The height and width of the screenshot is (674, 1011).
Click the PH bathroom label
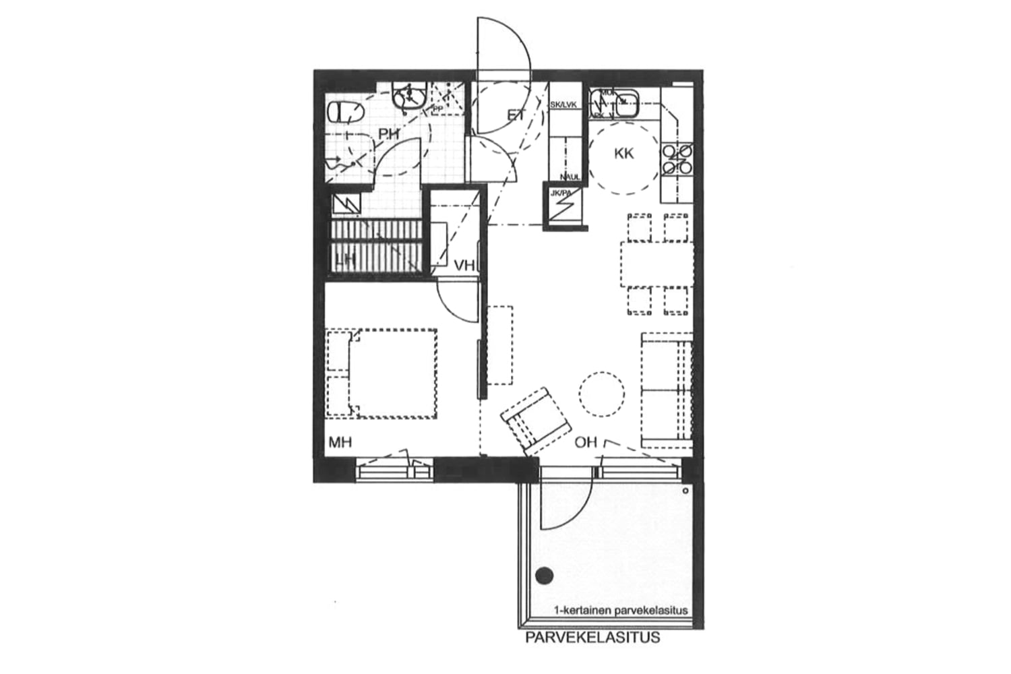pos(388,135)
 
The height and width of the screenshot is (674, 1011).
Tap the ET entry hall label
pos(516,115)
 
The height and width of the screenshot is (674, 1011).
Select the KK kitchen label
pos(624,154)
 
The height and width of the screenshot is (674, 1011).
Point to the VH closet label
pos(464,266)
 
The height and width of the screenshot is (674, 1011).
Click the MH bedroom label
pos(341,443)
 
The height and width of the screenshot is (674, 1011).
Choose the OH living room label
pos(586,443)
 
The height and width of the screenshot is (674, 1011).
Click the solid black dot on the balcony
pos(544,576)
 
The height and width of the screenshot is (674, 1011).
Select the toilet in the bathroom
pos(344,112)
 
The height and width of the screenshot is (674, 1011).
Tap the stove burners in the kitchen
pos(677,159)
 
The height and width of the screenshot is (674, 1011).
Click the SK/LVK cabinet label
pos(563,105)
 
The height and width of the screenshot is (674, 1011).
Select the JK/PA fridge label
pos(561,193)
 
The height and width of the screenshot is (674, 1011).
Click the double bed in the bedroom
pos(382,373)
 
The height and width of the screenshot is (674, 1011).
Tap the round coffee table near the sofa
pos(601,394)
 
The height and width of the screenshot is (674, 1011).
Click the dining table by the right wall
pos(657,264)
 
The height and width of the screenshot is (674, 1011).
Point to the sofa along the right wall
pos(667,390)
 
